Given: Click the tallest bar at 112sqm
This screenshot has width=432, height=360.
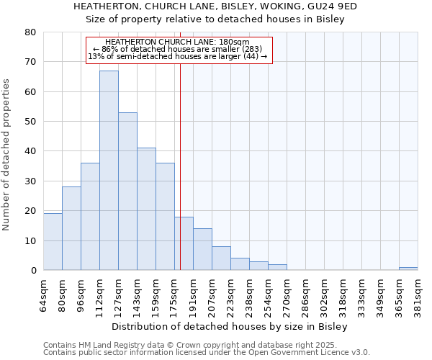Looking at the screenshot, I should (109, 171).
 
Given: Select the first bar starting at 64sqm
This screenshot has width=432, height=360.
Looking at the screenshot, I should (53, 242).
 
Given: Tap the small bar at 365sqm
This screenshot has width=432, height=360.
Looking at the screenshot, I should (408, 269).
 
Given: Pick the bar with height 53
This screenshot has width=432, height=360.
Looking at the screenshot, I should (127, 192).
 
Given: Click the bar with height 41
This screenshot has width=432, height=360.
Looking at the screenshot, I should (146, 209).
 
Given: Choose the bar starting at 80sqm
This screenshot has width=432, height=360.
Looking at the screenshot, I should (71, 228).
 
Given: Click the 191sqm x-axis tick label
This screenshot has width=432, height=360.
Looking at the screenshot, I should (193, 293).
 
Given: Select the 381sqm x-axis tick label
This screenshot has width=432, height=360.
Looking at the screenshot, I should (418, 293).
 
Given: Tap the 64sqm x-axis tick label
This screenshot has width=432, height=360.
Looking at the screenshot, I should (43, 293).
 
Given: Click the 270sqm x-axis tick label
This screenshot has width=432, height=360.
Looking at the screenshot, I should (287, 293).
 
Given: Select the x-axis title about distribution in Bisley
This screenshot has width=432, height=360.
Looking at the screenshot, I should (230, 327).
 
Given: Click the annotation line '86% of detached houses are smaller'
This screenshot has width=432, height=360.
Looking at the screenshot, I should (179, 49).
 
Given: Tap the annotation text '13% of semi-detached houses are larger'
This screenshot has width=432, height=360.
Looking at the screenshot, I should (178, 56).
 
